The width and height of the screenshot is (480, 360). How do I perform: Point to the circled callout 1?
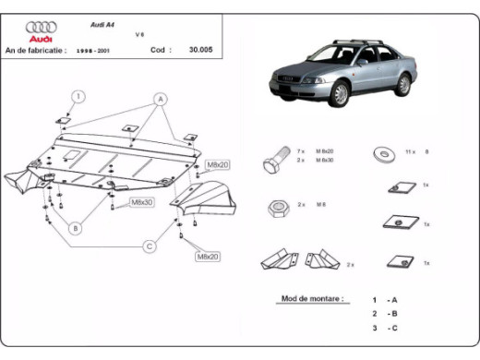(79, 96)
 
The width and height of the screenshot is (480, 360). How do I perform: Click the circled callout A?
(160, 98)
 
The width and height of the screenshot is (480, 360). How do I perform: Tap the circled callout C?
(149, 246)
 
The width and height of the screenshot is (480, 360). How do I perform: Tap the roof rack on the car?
(359, 42)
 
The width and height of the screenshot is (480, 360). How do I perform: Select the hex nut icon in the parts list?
(274, 208)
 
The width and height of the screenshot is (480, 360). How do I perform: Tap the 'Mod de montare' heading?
(312, 299)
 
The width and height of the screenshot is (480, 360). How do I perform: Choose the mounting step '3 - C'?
(387, 328)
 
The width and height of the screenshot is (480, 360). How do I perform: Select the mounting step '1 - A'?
(387, 300)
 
